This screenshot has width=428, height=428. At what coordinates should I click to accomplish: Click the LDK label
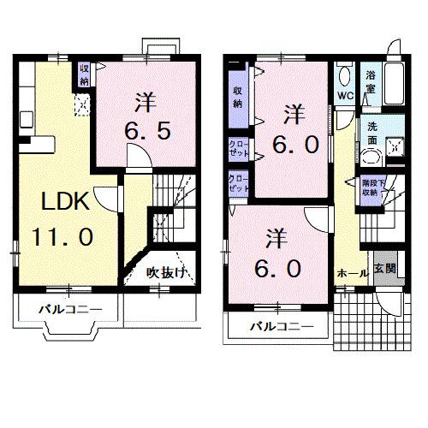62,203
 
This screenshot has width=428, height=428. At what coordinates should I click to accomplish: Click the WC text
346,95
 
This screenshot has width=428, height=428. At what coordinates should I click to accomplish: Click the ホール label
352,272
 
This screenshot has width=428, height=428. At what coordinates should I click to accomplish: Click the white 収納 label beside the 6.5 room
84,74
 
